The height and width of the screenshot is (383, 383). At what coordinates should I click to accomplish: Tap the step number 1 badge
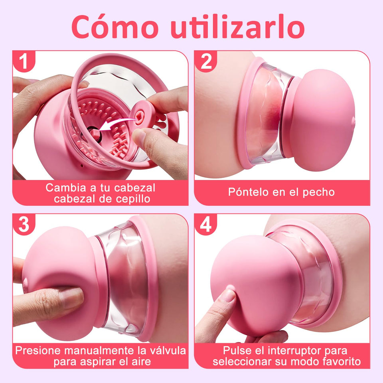24,62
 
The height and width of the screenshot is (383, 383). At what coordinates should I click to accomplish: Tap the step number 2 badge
206,62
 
